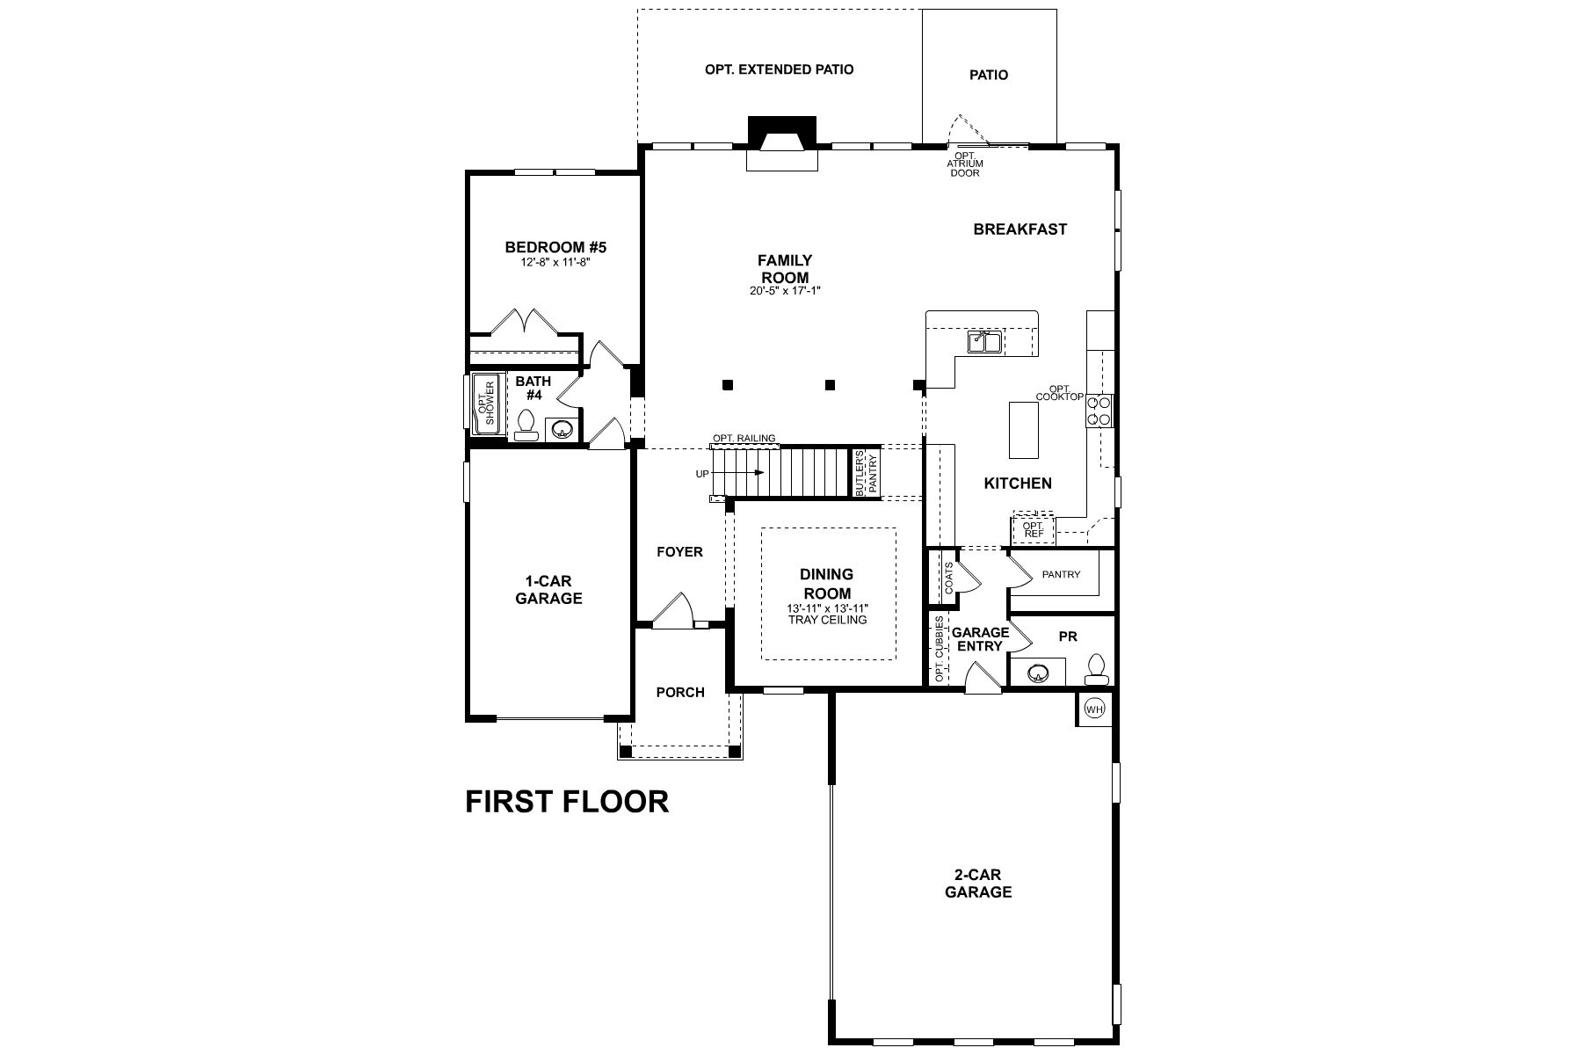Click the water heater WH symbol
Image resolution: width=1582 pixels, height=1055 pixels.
tap(1094, 709)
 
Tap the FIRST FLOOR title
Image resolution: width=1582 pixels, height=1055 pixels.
tap(567, 801)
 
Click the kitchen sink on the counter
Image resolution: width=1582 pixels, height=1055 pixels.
tap(984, 341)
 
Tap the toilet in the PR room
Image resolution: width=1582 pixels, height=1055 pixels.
tap(1096, 670)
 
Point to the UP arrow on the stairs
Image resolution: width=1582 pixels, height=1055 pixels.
tap(743, 473)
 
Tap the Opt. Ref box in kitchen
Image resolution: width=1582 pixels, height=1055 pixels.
tap(1033, 530)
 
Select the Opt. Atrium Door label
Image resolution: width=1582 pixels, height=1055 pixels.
tap(964, 164)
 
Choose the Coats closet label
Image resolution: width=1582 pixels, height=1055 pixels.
tap(948, 577)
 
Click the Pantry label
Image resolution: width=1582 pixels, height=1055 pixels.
tap(1061, 574)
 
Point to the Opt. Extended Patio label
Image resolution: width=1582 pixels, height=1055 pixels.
tap(779, 69)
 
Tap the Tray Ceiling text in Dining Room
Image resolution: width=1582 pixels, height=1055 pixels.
tap(827, 620)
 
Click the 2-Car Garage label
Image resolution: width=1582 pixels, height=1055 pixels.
tap(977, 884)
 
